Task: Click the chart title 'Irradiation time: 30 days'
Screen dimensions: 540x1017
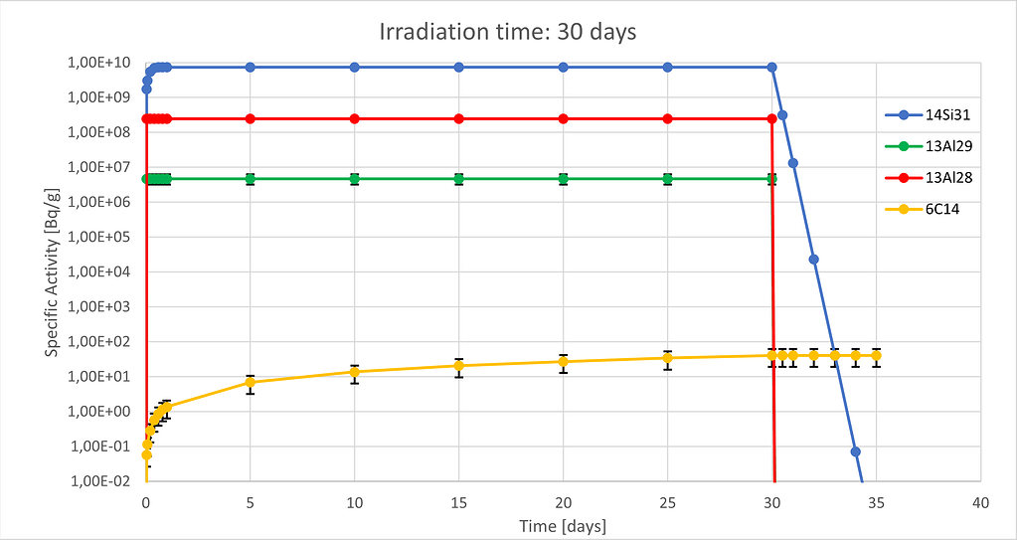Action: coord(508,32)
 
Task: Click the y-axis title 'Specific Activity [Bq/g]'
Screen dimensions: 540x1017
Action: coord(52,270)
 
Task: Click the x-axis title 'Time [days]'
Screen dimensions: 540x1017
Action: coord(563,525)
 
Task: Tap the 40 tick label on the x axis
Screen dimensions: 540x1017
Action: coord(980,503)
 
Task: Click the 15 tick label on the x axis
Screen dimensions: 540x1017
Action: coord(458,503)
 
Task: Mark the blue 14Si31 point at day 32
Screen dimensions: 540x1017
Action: coord(813,260)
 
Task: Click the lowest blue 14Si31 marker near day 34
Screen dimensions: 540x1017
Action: coord(855,451)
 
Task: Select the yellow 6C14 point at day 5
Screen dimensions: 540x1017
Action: coord(251,382)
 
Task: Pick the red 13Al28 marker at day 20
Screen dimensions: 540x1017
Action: coord(563,118)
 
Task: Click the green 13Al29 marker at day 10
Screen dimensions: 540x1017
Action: coord(354,179)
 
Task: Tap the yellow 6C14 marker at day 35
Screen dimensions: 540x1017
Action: coord(876,355)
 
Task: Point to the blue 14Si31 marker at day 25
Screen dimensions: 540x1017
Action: coord(667,67)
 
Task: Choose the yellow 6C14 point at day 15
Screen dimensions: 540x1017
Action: coord(458,366)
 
